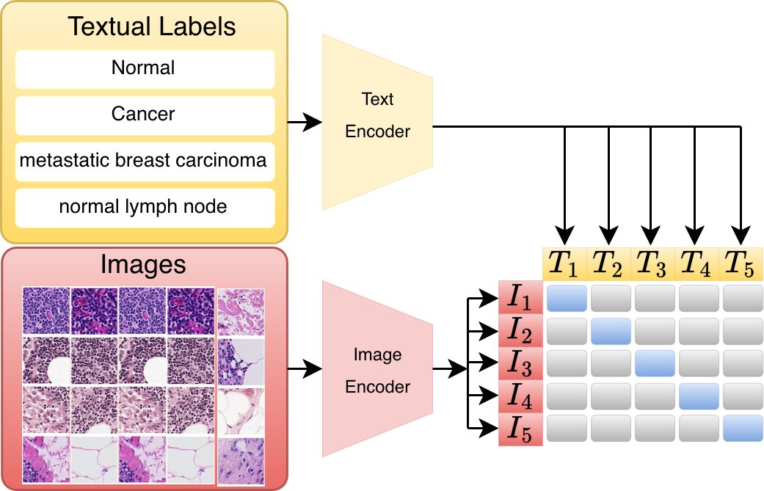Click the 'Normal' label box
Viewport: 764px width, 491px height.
click(145, 69)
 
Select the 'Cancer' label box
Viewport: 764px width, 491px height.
click(145, 115)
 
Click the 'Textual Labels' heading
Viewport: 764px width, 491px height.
click(151, 26)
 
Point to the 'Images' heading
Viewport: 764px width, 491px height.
click(143, 265)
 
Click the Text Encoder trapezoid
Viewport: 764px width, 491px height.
click(378, 123)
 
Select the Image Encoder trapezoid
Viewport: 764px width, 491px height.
click(378, 368)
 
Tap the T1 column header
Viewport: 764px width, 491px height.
click(564, 264)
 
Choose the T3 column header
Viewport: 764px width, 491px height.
click(652, 264)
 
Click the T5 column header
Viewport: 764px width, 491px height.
click(741, 264)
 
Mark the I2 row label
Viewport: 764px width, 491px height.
click(520, 330)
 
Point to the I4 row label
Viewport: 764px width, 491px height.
click(520, 396)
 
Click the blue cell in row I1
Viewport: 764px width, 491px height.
click(567, 298)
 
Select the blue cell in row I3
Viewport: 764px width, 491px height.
click(655, 363)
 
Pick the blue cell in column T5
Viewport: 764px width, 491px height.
click(743, 428)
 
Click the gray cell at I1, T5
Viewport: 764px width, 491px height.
click(743, 298)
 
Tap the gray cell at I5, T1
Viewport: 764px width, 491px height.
click(567, 428)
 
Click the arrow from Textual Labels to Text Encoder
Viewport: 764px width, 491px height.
click(305, 122)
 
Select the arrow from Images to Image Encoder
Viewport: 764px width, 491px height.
click(305, 368)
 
